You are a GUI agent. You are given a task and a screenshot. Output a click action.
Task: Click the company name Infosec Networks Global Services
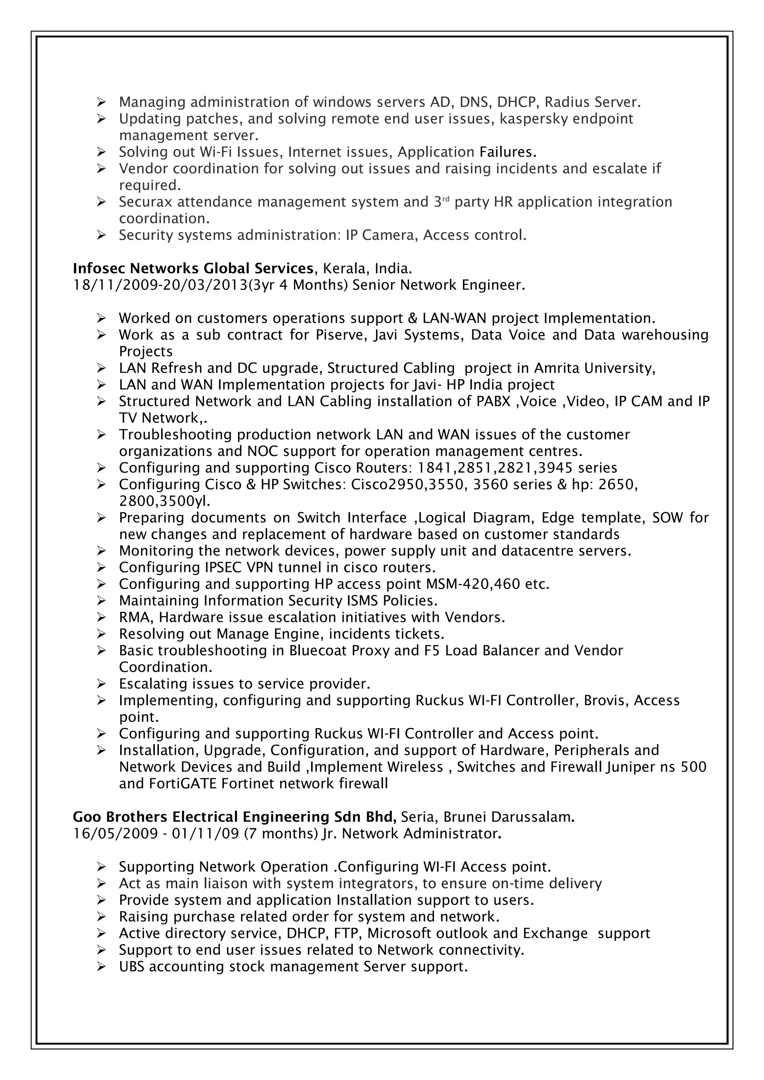pos(193,268)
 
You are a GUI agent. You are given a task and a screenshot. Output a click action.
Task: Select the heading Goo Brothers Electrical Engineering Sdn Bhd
pos(234,817)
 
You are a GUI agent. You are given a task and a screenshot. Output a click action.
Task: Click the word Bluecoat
pos(320,651)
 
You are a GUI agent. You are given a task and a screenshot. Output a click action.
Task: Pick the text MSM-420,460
pos(473,584)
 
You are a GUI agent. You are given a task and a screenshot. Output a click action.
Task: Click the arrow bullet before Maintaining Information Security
pos(101,601)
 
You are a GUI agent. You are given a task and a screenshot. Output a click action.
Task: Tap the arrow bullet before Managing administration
pos(101,102)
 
